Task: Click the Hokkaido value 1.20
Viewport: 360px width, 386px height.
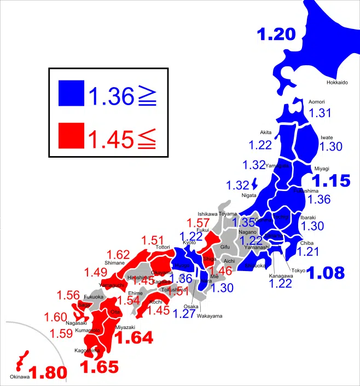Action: click(x=276, y=34)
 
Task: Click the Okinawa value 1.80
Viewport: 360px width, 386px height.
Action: click(x=48, y=373)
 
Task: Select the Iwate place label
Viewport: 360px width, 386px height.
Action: click(x=327, y=138)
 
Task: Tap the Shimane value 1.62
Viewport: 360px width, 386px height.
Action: click(x=119, y=255)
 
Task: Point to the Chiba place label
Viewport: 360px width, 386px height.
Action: click(x=307, y=243)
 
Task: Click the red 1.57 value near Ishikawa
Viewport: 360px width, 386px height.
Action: click(x=199, y=223)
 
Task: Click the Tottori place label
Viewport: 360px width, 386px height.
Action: click(x=163, y=247)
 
